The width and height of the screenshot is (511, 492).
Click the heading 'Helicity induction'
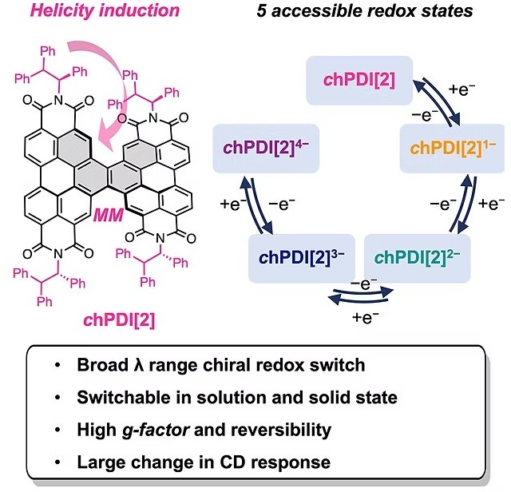click(105, 10)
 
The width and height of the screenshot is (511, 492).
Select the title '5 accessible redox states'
click(365, 10)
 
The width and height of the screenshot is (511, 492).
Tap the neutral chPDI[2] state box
click(359, 80)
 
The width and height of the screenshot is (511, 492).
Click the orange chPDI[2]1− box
click(453, 149)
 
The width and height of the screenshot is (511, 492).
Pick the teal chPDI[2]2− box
click(417, 258)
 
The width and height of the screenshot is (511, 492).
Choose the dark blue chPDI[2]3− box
click(302, 258)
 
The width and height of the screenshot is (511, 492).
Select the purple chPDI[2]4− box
click(266, 149)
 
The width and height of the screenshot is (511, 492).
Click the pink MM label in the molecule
click(109, 215)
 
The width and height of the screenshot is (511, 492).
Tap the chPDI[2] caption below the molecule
click(119, 319)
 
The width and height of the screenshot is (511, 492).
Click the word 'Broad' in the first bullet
click(102, 365)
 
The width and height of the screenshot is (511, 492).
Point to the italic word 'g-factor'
click(156, 430)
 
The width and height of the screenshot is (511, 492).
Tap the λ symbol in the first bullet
click(138, 365)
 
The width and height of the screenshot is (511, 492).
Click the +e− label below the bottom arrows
click(366, 317)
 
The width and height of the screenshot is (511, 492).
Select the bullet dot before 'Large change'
click(57, 462)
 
